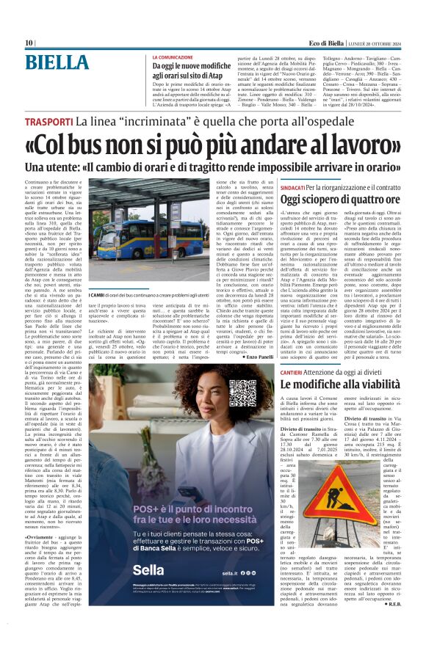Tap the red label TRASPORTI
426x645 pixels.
(47, 122)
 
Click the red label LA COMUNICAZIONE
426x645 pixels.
(176, 57)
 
